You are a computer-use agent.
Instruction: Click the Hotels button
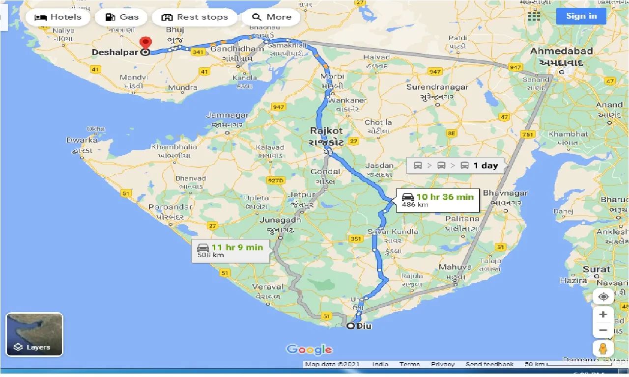pos(58,17)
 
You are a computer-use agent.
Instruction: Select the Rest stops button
pos(195,17)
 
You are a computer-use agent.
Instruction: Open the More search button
pos(271,17)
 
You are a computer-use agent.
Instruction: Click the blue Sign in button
pos(581,16)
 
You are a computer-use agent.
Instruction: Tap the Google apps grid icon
pos(534,16)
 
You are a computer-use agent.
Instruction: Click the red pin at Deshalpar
pos(144,43)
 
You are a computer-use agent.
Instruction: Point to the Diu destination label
pos(364,326)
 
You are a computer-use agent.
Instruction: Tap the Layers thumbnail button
pos(34,334)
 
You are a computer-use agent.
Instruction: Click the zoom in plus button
pos(603,314)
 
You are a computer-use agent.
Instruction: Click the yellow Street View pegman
pos(603,349)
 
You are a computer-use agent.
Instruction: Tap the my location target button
pos(603,297)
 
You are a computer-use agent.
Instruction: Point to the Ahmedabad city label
pos(561,51)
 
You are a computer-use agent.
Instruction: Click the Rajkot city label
pos(326,131)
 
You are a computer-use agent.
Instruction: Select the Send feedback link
pos(489,364)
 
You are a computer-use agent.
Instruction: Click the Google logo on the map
pos(309,350)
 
